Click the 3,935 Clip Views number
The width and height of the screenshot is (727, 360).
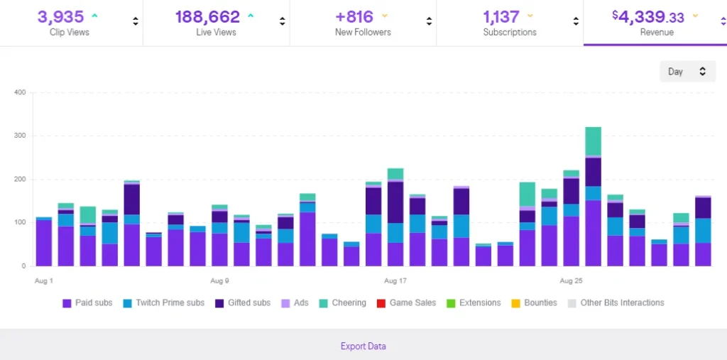60,16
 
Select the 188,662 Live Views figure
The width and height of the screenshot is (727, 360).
207,16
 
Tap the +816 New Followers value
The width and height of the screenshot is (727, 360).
354,16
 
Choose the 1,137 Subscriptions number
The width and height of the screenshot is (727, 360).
502,16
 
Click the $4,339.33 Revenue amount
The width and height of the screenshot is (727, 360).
650,16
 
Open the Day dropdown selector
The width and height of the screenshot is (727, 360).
687,72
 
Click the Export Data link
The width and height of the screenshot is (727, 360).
363,347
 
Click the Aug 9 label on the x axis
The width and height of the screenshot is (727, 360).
219,281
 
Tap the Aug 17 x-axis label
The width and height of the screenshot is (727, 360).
395,281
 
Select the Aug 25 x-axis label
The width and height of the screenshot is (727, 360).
572,281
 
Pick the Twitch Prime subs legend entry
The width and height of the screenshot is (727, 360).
164,303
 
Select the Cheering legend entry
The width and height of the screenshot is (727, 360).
341,303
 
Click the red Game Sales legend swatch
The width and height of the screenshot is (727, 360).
381,303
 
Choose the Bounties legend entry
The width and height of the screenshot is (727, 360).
534,303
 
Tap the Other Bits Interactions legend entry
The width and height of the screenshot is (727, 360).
616,303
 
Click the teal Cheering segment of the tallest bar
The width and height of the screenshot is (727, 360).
593,141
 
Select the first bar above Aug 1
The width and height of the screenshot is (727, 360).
44,243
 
